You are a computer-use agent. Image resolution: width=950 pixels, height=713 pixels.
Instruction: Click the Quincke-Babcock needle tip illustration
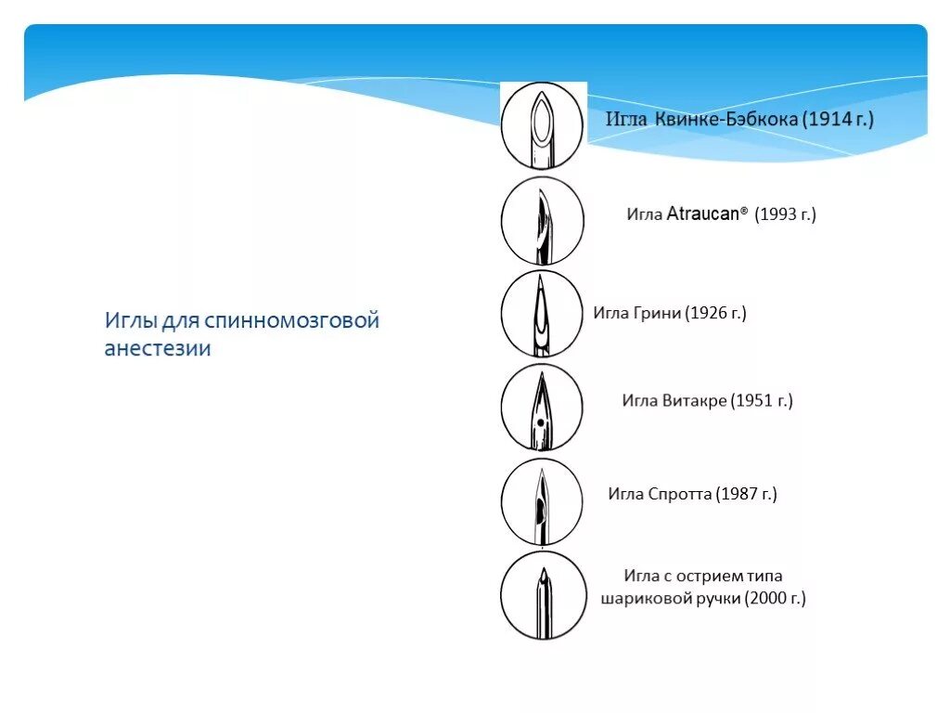tap(542, 125)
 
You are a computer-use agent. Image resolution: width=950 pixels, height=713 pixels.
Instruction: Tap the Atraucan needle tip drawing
tap(542, 221)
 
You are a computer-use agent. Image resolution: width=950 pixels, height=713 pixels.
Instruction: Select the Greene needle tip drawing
tap(542, 314)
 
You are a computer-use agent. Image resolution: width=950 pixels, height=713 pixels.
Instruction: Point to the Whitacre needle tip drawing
tap(542, 408)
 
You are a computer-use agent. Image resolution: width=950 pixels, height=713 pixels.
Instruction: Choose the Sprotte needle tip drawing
tap(542, 501)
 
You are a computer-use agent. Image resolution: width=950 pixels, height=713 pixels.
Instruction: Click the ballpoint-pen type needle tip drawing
tap(544, 595)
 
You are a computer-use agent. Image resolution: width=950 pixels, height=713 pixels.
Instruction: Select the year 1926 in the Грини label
tap(708, 313)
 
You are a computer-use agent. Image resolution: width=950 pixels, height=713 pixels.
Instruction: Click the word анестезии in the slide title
tap(158, 349)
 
